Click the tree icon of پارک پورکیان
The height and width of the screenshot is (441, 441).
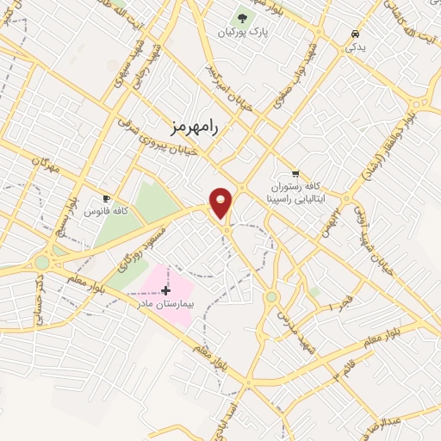click(241, 18)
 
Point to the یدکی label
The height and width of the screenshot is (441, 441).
click(355, 47)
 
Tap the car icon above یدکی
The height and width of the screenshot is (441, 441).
click(355, 34)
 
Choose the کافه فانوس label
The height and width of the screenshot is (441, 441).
click(107, 211)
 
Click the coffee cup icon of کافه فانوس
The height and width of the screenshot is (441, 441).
click(107, 198)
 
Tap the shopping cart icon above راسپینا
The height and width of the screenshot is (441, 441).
click(296, 172)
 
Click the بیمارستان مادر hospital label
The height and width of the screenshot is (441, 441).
click(167, 304)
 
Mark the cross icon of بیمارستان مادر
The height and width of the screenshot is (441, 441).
click(165, 291)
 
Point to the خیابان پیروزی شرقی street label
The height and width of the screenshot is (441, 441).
click(165, 152)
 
